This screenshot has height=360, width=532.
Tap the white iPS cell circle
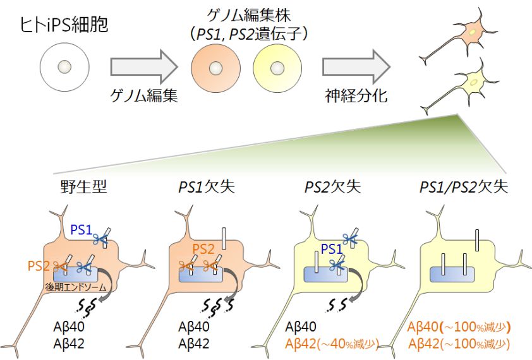(63, 66)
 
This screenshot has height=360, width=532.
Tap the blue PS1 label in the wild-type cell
(81, 230)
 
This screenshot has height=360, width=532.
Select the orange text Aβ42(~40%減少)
(332, 344)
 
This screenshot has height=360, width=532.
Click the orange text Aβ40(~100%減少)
(459, 328)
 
